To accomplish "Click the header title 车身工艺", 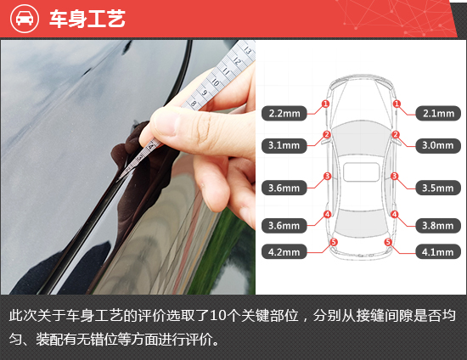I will click(x=87, y=20).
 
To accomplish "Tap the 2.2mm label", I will click(x=284, y=112).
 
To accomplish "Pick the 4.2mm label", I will click(x=284, y=251).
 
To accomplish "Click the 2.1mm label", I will click(x=437, y=112).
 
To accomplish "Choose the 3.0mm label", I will click(x=437, y=145).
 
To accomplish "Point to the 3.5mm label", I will click(x=437, y=188).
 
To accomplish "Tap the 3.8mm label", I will click(x=437, y=225).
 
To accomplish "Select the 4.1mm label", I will click(x=437, y=251).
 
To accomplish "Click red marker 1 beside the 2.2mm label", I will click(x=325, y=104).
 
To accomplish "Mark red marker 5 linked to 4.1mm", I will click(x=388, y=242).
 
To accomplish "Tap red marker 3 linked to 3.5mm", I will click(x=394, y=177).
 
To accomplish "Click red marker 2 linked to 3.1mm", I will click(x=327, y=134).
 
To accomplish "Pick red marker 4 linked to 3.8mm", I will click(x=394, y=214).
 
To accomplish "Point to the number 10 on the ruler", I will click(x=218, y=84).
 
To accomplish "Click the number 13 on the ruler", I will click(x=247, y=50).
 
